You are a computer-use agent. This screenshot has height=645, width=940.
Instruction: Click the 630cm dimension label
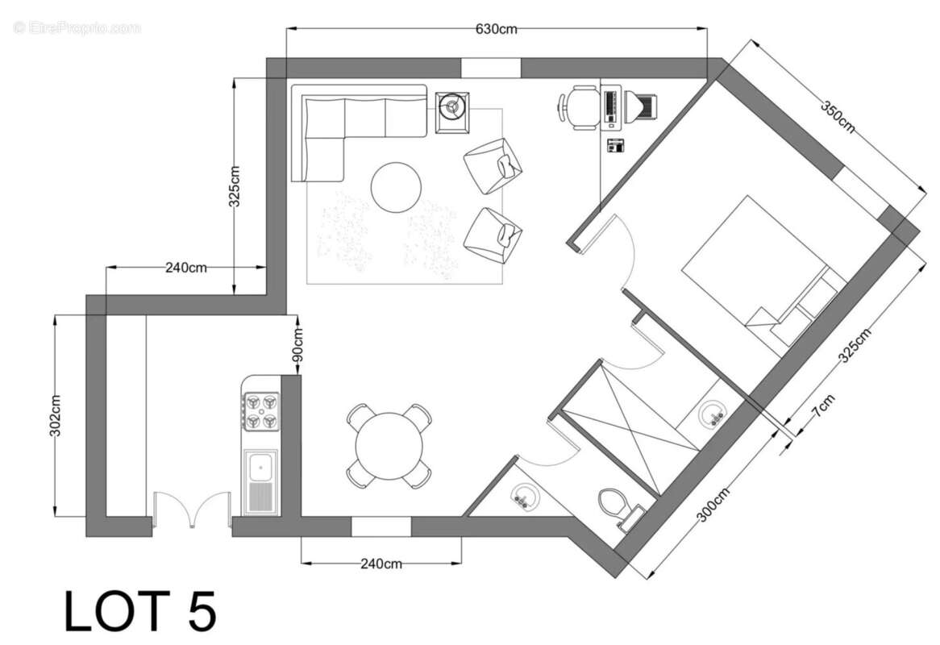coord(496,30)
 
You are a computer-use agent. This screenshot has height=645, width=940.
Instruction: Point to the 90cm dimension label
coord(297,345)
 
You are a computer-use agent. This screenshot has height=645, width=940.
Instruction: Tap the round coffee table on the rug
coord(395,187)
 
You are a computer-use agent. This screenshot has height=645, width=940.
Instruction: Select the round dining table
coord(389,446)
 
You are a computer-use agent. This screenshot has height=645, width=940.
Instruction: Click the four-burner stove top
coord(262,410)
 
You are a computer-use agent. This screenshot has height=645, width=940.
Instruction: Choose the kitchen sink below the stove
coord(261,481)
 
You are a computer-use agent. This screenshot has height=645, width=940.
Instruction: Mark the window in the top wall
coord(491,69)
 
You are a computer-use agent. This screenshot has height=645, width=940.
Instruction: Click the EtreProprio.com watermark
coord(77,27)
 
